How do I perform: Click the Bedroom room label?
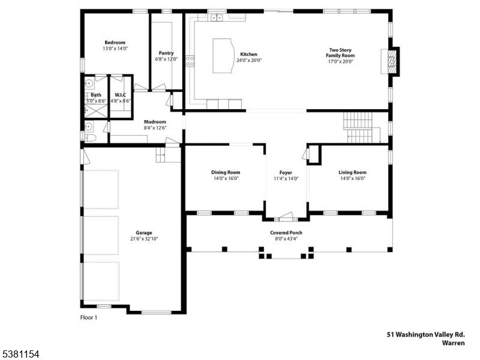(x=115, y=43)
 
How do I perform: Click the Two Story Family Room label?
(x=340, y=53)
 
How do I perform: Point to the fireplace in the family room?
(x=391, y=61)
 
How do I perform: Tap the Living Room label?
(x=352, y=172)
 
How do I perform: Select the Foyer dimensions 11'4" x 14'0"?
(x=286, y=178)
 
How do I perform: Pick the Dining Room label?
(x=225, y=172)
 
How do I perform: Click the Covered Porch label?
(x=286, y=233)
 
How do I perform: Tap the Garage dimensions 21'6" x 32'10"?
(x=143, y=239)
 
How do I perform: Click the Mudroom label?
(x=155, y=122)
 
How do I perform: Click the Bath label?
(x=96, y=95)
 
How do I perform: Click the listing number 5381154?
(x=20, y=355)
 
